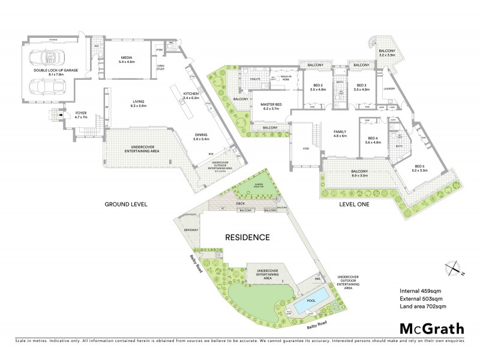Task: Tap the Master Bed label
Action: [x=271, y=106]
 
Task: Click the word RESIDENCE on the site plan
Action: [x=247, y=237]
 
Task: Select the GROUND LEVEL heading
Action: [x=126, y=204]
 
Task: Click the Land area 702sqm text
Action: [x=423, y=306]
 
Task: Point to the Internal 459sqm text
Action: [x=421, y=292]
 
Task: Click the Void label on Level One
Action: [x=306, y=148]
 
